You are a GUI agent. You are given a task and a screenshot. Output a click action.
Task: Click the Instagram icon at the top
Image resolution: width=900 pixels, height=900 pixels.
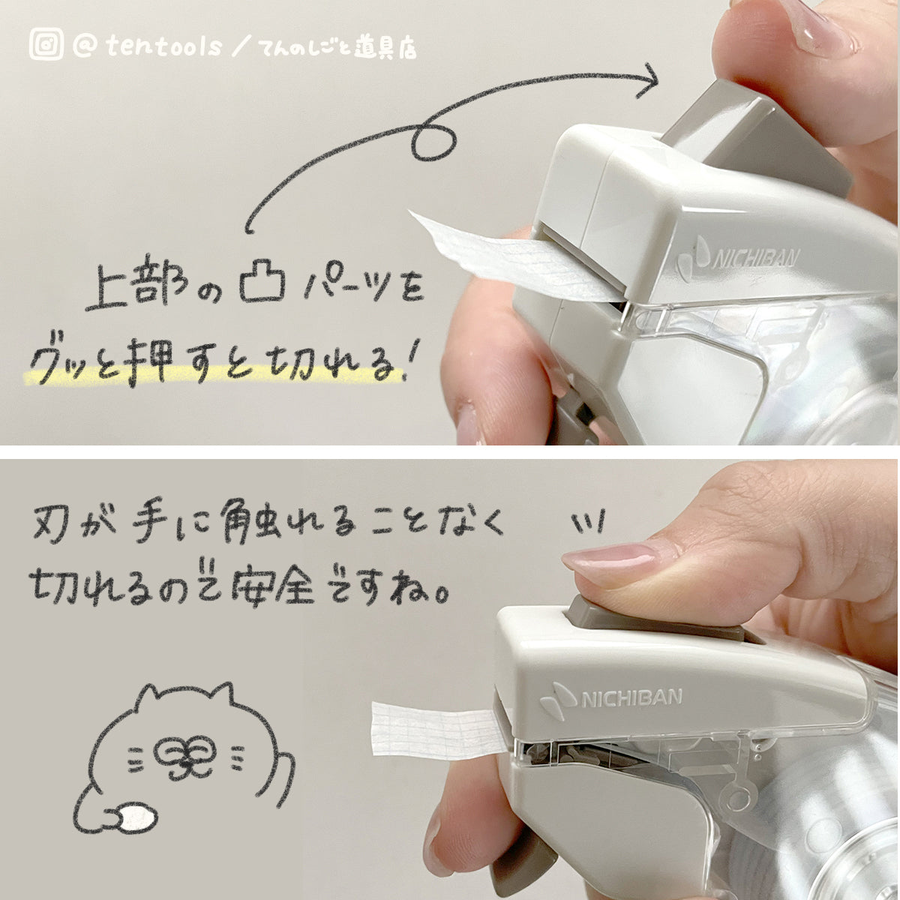tap(46, 44)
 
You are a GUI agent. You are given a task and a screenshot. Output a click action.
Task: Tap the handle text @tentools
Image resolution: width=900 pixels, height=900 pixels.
tap(147, 46)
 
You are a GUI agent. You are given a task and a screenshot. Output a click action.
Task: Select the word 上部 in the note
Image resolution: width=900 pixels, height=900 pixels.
tap(136, 284)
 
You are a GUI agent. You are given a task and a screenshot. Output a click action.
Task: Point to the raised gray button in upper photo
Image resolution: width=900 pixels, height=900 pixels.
tap(757, 136)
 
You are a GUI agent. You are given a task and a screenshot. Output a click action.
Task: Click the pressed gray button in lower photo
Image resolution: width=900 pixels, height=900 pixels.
tap(654, 615)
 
